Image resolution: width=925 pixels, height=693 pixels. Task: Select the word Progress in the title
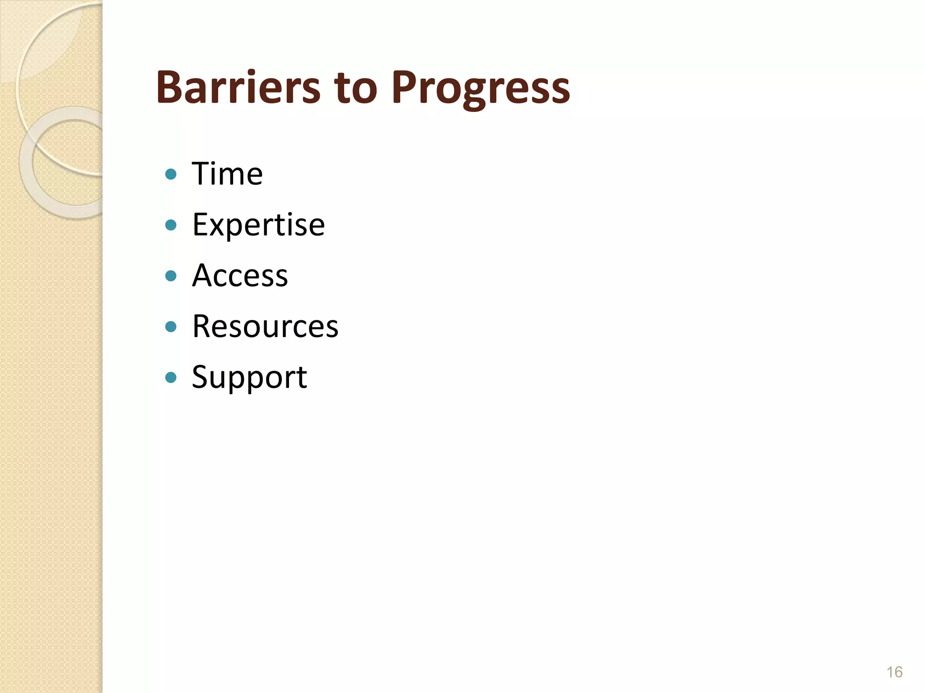pyautogui.click(x=481, y=88)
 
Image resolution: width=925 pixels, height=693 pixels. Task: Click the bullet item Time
pyautogui.click(x=227, y=174)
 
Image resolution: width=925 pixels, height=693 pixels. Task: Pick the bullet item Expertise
pyautogui.click(x=258, y=225)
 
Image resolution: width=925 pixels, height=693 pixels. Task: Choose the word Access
pyautogui.click(x=240, y=275)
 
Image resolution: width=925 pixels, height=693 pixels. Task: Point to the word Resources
pyautogui.click(x=265, y=326)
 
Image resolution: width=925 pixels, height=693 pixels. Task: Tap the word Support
pyautogui.click(x=249, y=377)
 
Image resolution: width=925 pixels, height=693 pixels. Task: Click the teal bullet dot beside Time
pyautogui.click(x=171, y=174)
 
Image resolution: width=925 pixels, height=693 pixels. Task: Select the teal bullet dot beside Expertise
pyautogui.click(x=171, y=225)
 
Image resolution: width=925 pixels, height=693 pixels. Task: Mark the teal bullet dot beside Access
pyautogui.click(x=171, y=276)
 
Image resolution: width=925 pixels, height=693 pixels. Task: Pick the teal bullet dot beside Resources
pyautogui.click(x=171, y=326)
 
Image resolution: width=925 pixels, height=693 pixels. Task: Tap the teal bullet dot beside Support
pyautogui.click(x=171, y=377)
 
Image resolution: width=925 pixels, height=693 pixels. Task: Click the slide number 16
pyautogui.click(x=894, y=672)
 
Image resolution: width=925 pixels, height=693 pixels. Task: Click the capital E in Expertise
pyautogui.click(x=201, y=225)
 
